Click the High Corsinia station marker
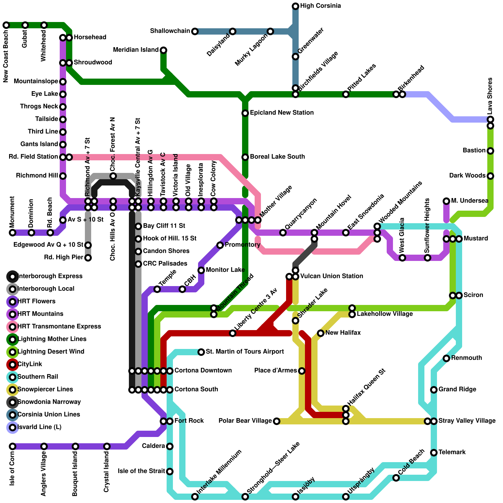296,6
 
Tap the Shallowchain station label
170,31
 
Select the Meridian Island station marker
163,50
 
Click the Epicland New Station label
282,113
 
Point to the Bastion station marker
490,151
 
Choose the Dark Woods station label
467,176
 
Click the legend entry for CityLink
30,364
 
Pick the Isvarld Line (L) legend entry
39,427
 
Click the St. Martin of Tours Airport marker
201,352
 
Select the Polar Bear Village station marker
277,421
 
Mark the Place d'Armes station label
275,371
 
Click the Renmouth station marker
446,358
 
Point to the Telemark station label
452,452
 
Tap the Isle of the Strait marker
170,472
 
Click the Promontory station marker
220,245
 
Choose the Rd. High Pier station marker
88,258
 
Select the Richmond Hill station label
37,176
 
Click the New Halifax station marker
321,333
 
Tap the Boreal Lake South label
277,157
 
